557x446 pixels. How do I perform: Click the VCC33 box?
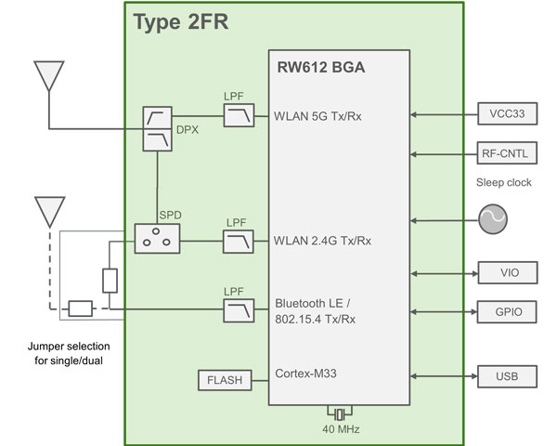507,115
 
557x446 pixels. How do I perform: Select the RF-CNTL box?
507,153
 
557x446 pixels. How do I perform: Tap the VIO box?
507,273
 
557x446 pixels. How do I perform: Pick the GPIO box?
507,311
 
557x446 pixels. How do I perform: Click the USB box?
507,376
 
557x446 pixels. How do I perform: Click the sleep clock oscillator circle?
492,220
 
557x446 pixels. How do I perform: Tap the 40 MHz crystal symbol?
340,413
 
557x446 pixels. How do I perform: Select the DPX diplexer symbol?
157,128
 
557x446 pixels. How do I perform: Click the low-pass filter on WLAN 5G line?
239,116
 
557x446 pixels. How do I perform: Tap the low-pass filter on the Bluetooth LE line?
239,311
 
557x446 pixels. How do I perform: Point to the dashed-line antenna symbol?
47,212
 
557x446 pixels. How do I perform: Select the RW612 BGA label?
318,67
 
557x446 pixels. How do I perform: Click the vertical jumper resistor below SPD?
109,282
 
